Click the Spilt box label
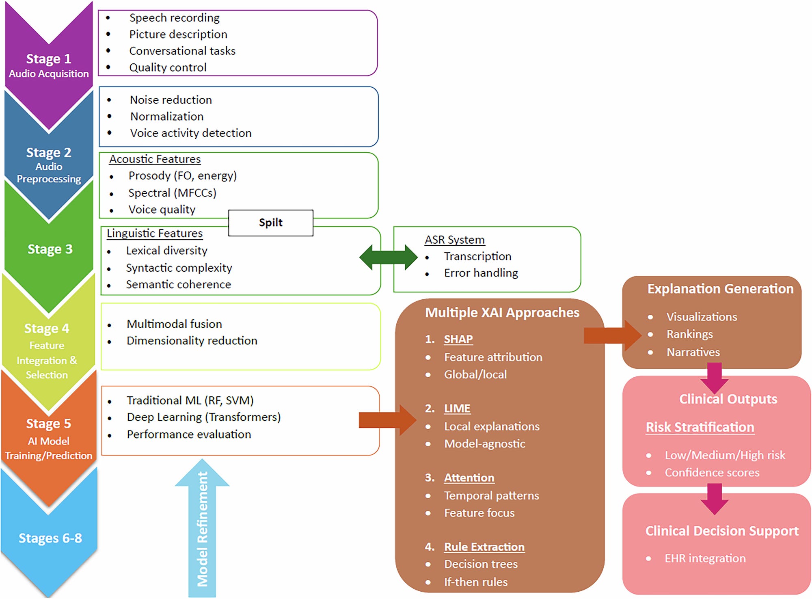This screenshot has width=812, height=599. (271, 223)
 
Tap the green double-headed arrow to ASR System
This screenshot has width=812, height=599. (389, 257)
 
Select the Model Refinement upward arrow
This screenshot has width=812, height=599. (202, 528)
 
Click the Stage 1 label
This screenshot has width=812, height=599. (49, 59)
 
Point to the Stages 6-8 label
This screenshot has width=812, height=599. (50, 538)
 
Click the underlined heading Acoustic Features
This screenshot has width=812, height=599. (155, 159)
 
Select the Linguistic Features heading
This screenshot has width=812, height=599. (155, 234)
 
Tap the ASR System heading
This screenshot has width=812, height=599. (455, 240)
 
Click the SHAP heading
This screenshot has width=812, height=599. (458, 339)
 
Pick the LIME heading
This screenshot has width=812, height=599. (457, 409)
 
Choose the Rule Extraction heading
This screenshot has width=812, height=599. (484, 547)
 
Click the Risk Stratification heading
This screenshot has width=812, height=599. (700, 427)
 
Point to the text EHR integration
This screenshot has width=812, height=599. (705, 558)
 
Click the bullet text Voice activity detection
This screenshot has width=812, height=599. (191, 133)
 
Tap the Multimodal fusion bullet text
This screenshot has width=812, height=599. (174, 324)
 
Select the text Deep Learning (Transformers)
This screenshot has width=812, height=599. (204, 417)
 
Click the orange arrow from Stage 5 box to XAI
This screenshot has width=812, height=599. (388, 420)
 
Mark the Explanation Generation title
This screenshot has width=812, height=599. (720, 289)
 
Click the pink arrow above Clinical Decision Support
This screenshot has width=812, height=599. (715, 499)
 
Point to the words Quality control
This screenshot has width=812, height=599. (168, 67)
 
